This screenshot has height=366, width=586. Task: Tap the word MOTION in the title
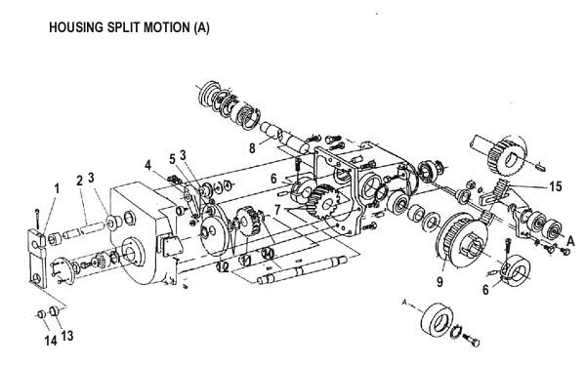(167, 27)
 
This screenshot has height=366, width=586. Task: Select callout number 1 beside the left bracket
(57, 188)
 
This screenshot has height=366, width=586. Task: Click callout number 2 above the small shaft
(79, 181)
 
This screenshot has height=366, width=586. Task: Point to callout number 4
(148, 165)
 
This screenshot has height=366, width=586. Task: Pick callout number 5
(172, 159)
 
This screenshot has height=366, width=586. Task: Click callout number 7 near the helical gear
(277, 210)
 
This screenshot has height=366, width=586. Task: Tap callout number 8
(252, 148)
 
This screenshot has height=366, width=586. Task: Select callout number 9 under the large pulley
(439, 282)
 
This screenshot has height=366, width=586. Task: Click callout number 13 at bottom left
(66, 336)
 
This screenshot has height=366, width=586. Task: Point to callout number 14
(51, 341)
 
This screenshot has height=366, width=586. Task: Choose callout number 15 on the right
(556, 186)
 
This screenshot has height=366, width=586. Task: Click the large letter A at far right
(570, 241)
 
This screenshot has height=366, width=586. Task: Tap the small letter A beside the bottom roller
(404, 303)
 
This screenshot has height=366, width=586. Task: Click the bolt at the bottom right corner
(472, 340)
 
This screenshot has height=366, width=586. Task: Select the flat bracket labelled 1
(38, 258)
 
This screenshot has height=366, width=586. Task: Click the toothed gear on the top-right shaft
(506, 157)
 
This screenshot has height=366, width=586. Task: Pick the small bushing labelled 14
(41, 314)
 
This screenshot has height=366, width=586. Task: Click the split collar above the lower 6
(516, 269)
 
